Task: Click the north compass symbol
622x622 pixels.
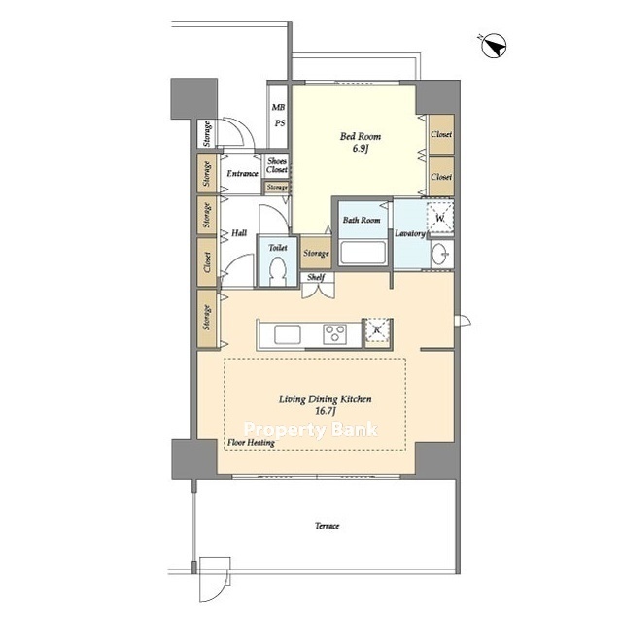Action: (494, 46)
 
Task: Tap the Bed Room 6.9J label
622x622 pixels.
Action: (361, 143)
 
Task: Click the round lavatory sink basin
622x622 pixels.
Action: (440, 253)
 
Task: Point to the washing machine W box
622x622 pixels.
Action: (440, 218)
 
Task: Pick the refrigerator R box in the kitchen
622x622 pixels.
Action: (377, 329)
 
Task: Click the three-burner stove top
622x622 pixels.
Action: (334, 334)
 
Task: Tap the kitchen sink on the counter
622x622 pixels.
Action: (288, 334)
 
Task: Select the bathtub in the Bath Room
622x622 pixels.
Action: (363, 252)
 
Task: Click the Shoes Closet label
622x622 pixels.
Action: (277, 165)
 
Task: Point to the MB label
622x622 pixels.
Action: (279, 107)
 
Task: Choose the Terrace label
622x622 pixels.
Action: (328, 526)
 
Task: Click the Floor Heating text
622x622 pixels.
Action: (251, 443)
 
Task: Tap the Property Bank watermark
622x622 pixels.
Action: (311, 430)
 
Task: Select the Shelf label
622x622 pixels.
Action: (316, 277)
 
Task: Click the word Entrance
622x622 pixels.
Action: (242, 173)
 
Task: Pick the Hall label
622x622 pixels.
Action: (239, 233)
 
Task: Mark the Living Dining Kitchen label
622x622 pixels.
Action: (326, 399)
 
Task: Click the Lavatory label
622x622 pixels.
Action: (410, 233)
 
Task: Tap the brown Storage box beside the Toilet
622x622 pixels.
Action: (316, 253)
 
